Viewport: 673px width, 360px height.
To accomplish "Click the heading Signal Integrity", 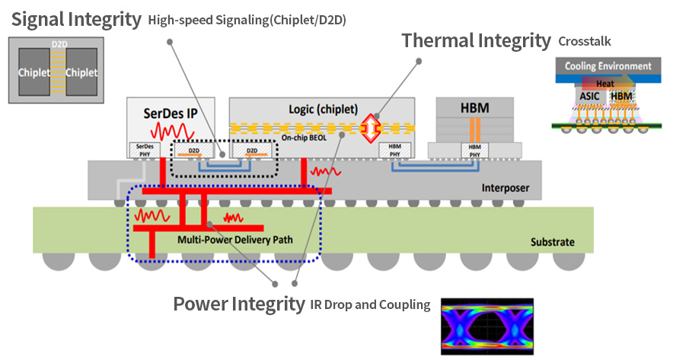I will tap(75, 18).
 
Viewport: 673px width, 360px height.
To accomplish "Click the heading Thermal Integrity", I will tap(476, 40).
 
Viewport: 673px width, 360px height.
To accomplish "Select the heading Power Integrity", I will tap(239, 304).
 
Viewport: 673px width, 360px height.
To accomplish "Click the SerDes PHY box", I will tap(145, 150).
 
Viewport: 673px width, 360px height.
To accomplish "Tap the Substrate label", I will tap(552, 243).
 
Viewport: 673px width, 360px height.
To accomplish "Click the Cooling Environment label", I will tap(608, 66).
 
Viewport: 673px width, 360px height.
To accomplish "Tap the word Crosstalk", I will tap(585, 41).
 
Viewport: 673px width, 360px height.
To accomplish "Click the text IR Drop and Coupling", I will tap(370, 305).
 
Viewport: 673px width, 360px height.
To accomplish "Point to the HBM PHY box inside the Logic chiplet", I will tap(394, 150).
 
